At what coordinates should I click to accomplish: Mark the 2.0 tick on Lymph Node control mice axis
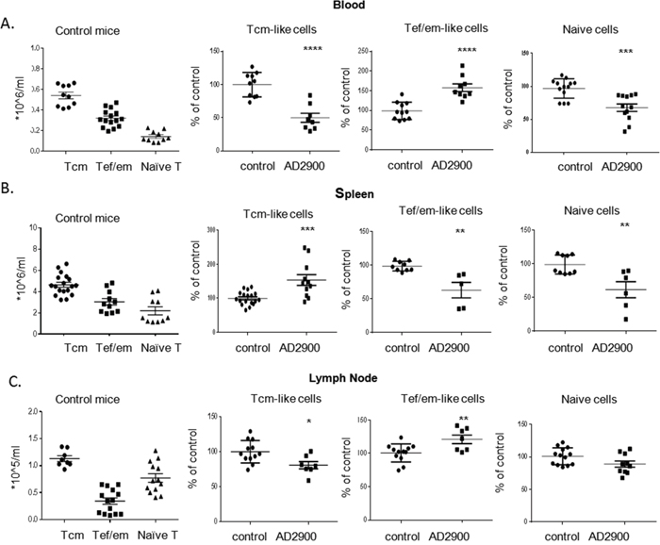pyautogui.click(x=30, y=412)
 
